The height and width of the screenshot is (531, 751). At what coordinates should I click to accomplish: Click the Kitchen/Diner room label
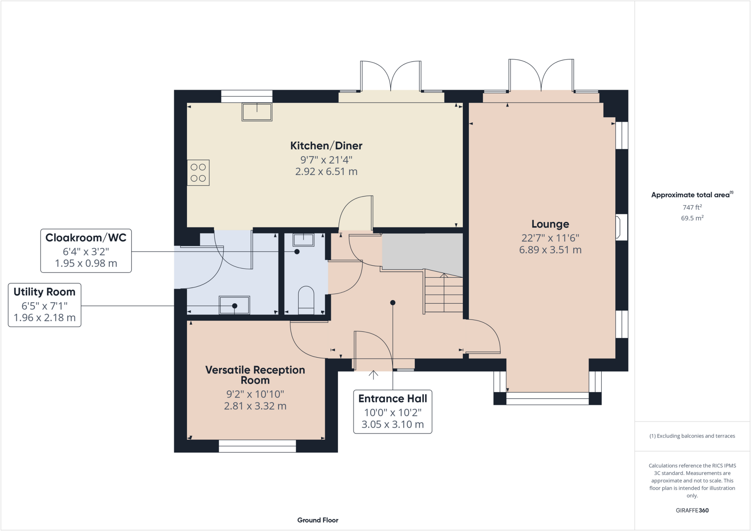click(326, 146)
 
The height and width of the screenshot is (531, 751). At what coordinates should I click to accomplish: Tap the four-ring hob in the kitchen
click(198, 173)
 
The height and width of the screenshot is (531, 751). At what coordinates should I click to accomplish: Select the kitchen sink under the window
click(257, 112)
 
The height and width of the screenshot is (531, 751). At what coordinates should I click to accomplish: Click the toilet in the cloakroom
click(306, 300)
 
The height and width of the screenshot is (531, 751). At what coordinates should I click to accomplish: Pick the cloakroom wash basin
click(303, 240)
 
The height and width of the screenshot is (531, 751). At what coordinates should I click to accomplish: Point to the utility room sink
click(234, 305)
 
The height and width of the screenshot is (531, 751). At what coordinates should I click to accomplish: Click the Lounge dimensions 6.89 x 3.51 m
click(550, 250)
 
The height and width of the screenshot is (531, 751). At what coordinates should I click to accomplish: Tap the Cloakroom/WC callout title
click(86, 238)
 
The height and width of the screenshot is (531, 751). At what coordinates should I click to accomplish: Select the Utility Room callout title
click(44, 292)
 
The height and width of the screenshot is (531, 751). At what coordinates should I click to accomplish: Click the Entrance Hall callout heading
click(392, 399)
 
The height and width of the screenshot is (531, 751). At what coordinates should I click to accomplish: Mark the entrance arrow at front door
click(373, 375)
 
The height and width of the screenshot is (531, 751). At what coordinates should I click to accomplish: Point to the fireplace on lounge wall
click(621, 227)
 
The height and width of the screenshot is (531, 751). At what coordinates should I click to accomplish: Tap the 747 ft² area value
click(692, 207)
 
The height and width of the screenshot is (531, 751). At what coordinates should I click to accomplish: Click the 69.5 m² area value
click(692, 218)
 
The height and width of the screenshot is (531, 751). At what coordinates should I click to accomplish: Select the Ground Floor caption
click(318, 520)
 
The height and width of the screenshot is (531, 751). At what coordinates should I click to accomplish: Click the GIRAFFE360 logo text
click(692, 510)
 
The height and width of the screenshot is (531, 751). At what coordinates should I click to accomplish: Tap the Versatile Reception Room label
click(255, 375)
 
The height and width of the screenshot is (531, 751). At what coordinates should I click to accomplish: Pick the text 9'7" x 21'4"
click(326, 160)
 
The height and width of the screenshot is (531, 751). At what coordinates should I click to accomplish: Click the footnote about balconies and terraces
click(692, 436)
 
